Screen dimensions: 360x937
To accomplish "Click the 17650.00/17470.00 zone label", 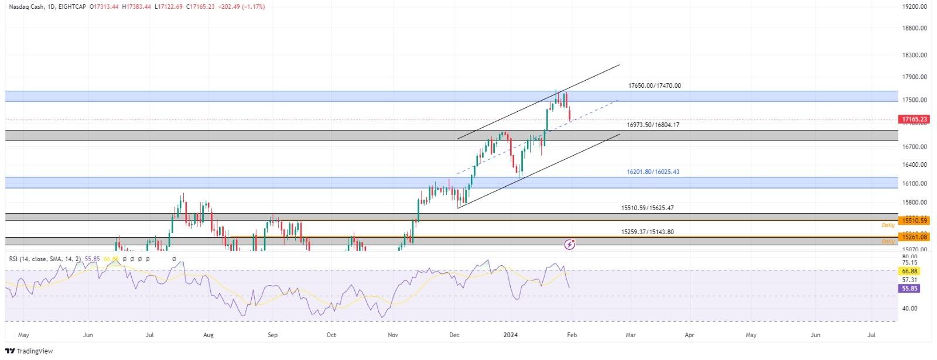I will click(x=654, y=85).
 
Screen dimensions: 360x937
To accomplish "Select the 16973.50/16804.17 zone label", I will click(x=653, y=125).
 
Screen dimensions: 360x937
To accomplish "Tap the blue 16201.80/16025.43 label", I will click(x=653, y=172).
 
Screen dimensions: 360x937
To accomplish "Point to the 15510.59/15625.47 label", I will click(x=648, y=208).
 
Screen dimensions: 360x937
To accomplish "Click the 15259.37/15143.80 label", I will click(x=648, y=232).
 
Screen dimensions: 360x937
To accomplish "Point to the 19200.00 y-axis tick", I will click(x=915, y=7).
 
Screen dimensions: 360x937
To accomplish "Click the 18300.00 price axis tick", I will click(x=915, y=55).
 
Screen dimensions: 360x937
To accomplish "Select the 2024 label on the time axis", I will click(x=511, y=335).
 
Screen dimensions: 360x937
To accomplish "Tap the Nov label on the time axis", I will click(x=393, y=335).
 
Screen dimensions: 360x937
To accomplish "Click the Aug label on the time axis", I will click(x=208, y=335).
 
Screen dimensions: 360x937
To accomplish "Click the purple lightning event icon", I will click(x=569, y=244).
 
